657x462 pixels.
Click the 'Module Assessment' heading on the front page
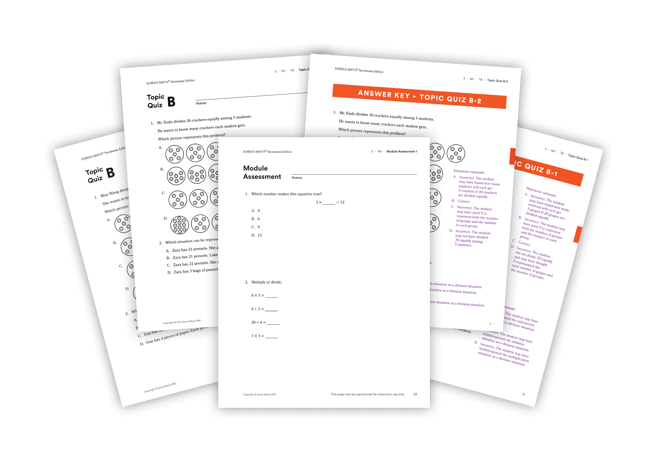262,172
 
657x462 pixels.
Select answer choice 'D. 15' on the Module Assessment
257,235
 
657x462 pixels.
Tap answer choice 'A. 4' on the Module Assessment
255,211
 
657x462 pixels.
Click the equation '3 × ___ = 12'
330,202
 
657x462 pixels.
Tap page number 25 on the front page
415,394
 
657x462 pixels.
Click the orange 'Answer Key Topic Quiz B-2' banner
419,96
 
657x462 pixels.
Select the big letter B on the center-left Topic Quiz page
171,102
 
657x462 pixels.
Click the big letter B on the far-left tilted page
110,173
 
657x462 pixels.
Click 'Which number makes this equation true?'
286,194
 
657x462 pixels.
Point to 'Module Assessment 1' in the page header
402,152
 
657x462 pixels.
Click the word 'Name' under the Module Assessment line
297,178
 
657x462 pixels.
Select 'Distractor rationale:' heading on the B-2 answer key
469,172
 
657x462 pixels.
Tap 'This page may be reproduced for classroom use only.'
367,394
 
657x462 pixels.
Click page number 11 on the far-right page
523,394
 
